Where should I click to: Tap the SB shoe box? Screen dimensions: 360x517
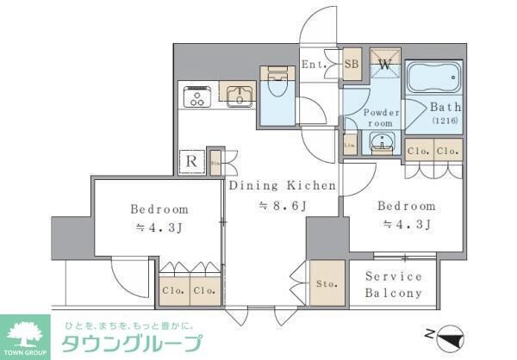352,63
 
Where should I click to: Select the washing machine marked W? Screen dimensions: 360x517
385,65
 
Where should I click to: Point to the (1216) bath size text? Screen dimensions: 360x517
445,123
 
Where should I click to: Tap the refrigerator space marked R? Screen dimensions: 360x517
190,161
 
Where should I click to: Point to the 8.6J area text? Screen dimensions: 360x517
272,206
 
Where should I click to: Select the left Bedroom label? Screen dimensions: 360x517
159,209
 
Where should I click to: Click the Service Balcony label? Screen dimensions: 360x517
393,284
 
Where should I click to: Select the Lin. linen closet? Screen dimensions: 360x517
350,145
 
